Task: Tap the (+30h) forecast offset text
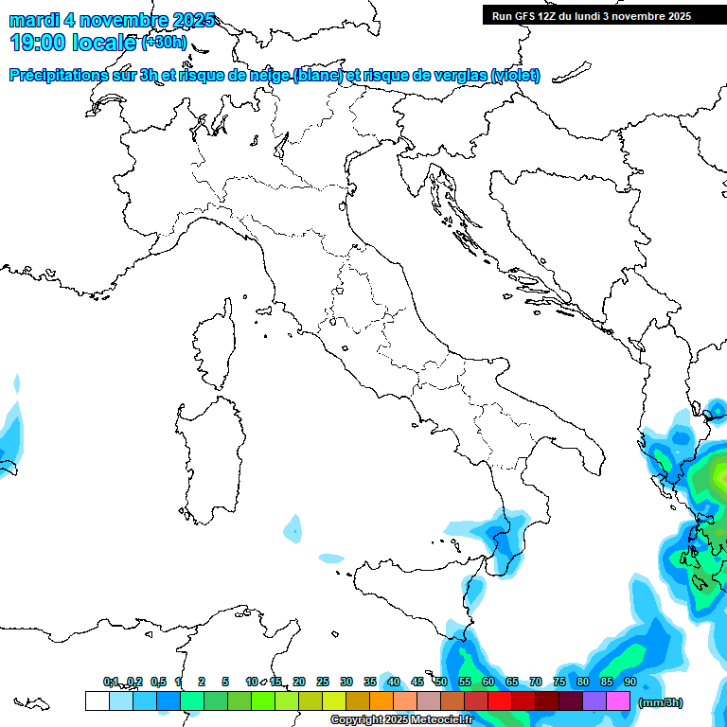click(164, 43)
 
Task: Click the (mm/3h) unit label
click(661, 702)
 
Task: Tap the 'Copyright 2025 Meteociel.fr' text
click(401, 720)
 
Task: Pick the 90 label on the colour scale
click(629, 682)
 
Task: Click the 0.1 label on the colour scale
click(111, 682)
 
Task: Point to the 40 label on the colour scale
click(393, 682)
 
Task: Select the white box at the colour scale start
click(97, 701)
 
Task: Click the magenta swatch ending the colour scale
click(618, 701)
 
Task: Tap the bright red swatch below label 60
click(500, 701)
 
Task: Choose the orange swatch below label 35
click(381, 701)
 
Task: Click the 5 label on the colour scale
click(225, 682)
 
